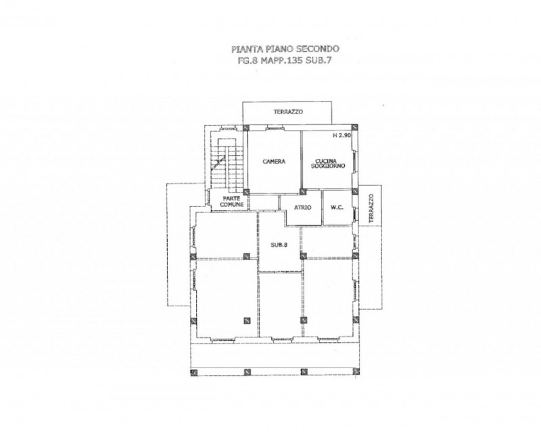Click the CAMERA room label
click(274, 162)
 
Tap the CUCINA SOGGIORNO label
click(328, 164)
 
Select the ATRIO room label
click(302, 208)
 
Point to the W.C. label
click(337, 208)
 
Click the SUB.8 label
click(279, 245)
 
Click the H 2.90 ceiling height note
click(342, 136)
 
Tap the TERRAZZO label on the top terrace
click(289, 112)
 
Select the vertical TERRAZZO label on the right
click(371, 208)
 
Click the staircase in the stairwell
click(224, 165)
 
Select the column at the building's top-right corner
click(354, 127)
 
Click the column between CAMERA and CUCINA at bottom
click(302, 191)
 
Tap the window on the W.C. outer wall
click(355, 214)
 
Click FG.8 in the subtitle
click(248, 61)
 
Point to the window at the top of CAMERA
click(275, 128)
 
